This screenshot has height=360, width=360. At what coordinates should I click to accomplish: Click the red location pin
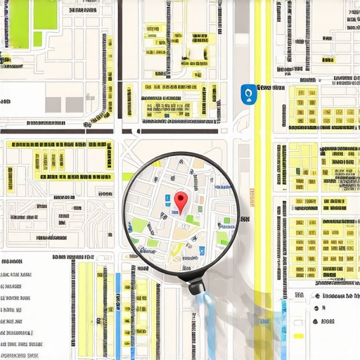coord(181,202)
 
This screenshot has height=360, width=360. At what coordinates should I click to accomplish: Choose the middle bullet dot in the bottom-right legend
coord(317,309)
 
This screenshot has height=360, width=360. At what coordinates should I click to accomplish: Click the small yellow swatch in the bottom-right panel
coord(261,320)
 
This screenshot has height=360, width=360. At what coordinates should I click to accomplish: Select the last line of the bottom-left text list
coord(15,345)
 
